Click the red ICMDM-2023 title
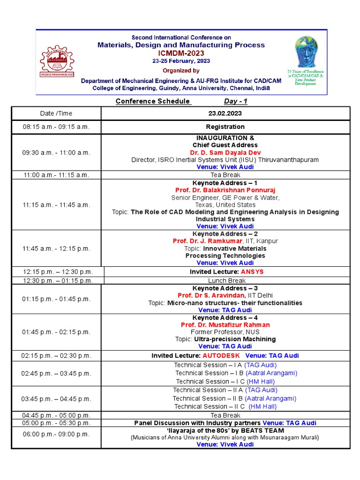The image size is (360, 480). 181,53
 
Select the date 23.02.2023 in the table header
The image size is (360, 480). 225,113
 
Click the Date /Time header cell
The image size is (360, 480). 56,113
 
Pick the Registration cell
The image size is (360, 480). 225,127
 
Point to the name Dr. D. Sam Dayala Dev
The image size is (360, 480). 225,153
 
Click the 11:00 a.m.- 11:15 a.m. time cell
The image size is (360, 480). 56,175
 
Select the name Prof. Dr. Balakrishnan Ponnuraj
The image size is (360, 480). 225,190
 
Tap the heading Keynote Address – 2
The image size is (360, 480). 225,234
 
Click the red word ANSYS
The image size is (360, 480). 252,272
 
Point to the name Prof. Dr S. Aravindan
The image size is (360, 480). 211,296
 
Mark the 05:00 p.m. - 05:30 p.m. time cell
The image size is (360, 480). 56,423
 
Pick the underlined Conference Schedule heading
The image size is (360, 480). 153,101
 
